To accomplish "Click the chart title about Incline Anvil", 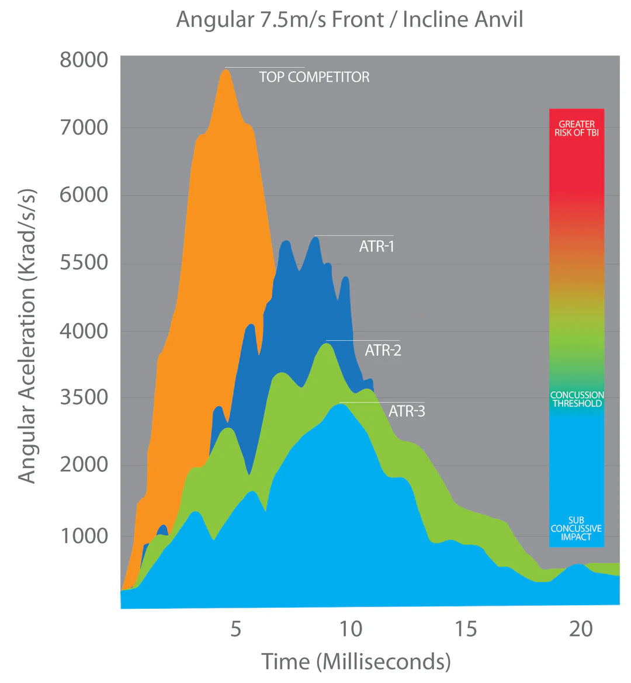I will (x=349, y=20).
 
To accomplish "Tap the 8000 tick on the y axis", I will (x=84, y=60).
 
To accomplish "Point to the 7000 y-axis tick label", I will (x=84, y=127).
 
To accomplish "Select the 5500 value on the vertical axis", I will (x=84, y=262).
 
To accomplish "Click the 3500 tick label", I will (x=84, y=397).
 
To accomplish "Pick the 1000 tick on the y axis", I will (x=84, y=535).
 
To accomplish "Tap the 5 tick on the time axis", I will (x=235, y=629).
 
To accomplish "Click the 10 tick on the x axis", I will (x=351, y=629).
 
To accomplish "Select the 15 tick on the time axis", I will (x=466, y=629).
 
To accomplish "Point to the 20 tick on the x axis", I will (x=581, y=629).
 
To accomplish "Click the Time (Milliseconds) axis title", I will (x=356, y=662).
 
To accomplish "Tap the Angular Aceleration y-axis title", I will (x=27, y=336).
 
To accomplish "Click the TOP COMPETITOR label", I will (x=314, y=77).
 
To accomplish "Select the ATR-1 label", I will (x=376, y=247).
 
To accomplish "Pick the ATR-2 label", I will (x=383, y=351).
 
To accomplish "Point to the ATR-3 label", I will (x=407, y=411).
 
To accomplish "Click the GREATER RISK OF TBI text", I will (x=577, y=129).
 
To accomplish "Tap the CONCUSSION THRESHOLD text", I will (x=577, y=399).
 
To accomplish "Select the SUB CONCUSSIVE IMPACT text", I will (x=576, y=529).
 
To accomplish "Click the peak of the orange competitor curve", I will (x=226, y=70).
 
